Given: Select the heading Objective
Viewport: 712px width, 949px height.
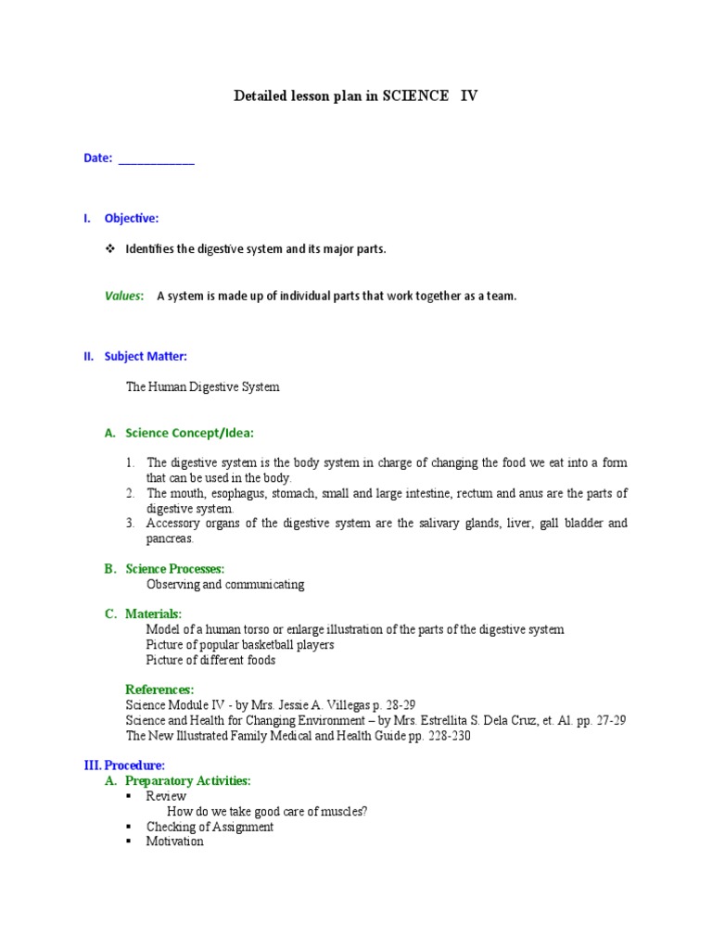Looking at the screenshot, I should click(132, 219).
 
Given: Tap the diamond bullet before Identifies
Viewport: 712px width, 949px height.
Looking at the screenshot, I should click(110, 249).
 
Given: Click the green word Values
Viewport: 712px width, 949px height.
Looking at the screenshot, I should click(123, 297).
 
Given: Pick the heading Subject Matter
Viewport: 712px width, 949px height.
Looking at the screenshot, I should click(146, 356).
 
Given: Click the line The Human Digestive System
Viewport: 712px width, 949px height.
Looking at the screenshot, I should click(202, 387).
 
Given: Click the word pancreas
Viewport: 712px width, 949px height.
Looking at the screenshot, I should click(170, 538).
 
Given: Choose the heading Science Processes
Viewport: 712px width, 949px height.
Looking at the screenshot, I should click(175, 569).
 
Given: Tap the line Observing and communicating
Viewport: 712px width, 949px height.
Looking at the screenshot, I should click(225, 585).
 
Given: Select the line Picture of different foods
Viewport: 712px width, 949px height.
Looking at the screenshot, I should click(210, 661).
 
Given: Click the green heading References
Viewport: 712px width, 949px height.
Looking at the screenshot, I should click(159, 690).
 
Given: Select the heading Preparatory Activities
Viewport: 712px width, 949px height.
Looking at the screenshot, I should click(188, 781).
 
